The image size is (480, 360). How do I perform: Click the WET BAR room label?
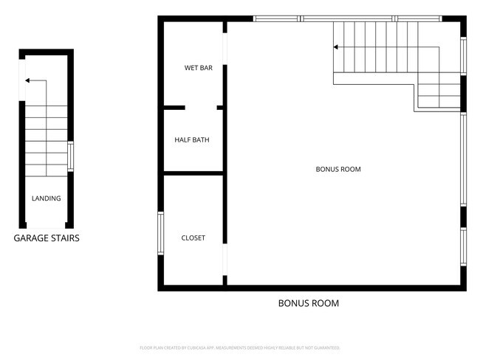pos(198,69)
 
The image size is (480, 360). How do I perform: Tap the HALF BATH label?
pos(191,139)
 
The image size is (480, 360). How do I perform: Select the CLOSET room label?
pos(193,238)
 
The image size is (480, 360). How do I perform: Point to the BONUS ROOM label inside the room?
pos(338,170)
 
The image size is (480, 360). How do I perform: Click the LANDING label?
pos(46,198)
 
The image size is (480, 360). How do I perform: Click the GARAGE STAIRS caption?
pos(47,238)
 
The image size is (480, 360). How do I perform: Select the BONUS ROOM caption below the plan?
pos(308,303)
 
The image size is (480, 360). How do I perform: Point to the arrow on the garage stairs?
pos(30,80)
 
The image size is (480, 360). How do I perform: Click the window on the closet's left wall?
pos(160,234)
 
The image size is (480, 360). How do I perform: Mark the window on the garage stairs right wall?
pos(71,156)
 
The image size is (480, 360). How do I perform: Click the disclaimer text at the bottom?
pos(239,347)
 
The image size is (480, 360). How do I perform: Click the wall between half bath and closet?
pos(193,173)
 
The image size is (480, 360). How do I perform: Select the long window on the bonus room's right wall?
pos(463,159)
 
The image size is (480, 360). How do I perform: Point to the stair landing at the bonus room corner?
pos(439,92)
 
